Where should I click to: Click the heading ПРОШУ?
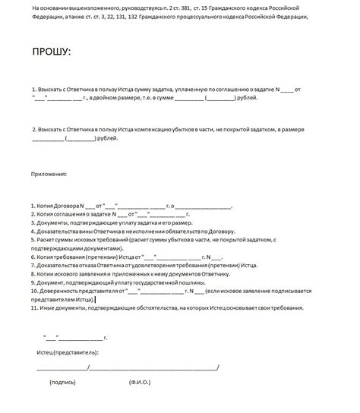[x=51, y=52]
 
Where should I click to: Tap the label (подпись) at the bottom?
[x=63, y=382]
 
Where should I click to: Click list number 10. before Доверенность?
[x=35, y=291]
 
